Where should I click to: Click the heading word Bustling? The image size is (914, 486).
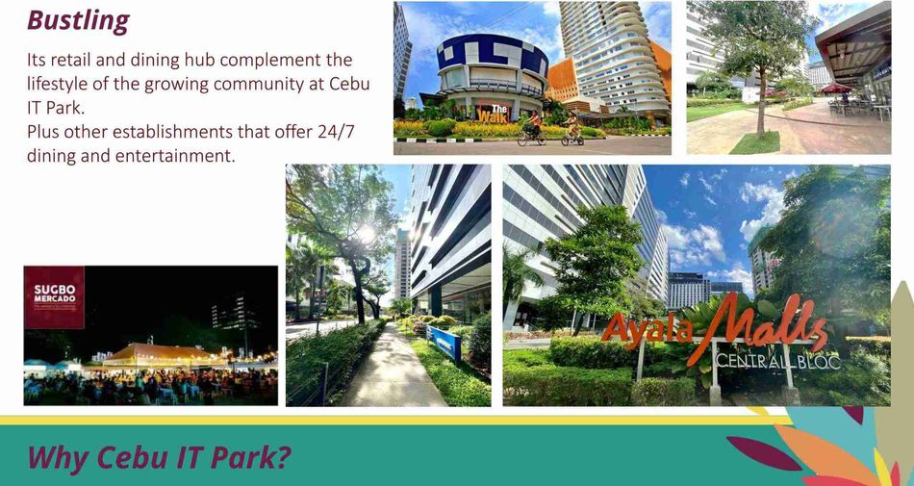(78, 21)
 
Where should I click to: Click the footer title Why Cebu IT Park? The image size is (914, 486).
(159, 457)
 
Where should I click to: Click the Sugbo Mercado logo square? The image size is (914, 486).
(54, 297)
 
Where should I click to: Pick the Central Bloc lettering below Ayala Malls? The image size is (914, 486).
(777, 361)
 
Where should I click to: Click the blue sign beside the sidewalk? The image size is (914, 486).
(444, 342)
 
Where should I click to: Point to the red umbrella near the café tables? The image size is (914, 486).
(835, 89)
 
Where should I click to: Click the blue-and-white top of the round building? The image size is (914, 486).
(492, 56)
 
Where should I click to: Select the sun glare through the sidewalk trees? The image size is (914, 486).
(366, 234)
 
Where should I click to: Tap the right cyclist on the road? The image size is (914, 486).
(572, 129)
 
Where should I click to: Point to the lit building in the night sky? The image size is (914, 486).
(235, 313)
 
